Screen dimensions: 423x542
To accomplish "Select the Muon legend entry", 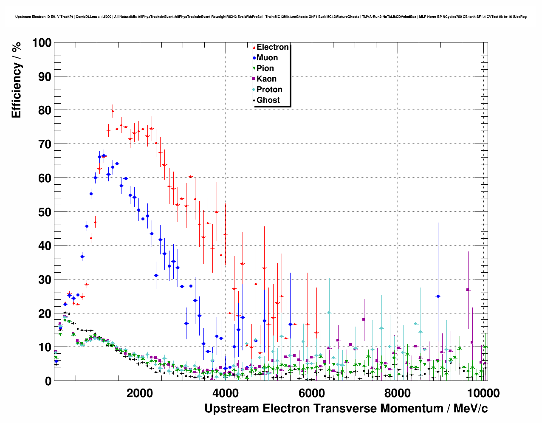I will point(267,58).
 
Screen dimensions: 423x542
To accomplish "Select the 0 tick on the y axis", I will point(48,381).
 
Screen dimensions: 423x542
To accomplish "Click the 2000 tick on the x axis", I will point(140,393).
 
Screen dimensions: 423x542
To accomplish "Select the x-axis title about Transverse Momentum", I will point(346,409).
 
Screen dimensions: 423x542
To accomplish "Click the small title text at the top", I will point(271,17).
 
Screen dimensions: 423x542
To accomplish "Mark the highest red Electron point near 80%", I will point(113,111).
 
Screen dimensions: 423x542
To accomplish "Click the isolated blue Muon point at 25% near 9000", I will point(438,296).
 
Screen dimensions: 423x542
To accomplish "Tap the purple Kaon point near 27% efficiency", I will point(468,290).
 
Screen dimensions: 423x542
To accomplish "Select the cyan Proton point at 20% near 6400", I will point(329,313).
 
